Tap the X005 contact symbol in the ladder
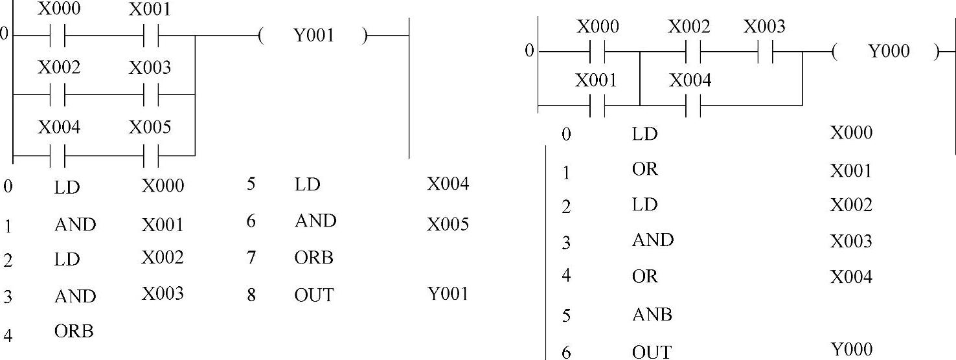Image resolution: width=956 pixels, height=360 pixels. [x=150, y=156]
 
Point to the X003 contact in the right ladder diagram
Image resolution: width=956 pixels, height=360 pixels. [x=765, y=51]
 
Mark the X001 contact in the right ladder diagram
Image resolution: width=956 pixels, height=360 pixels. [x=597, y=106]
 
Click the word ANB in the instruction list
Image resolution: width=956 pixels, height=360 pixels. [x=652, y=315]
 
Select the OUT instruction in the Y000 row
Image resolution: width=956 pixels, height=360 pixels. [x=652, y=352]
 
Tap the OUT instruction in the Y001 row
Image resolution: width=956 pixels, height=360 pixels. [x=314, y=295]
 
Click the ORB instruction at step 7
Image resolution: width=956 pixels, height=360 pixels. [x=314, y=258]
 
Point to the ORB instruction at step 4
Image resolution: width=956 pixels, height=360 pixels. [x=74, y=332]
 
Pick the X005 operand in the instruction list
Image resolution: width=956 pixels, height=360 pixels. [x=448, y=224]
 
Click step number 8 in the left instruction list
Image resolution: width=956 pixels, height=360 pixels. [x=251, y=295]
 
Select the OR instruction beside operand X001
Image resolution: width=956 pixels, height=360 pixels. [x=644, y=169]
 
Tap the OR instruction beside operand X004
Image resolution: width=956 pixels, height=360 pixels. [x=644, y=276]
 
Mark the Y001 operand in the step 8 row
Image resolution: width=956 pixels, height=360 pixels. [x=448, y=294]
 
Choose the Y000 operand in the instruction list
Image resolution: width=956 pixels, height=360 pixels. [x=851, y=350]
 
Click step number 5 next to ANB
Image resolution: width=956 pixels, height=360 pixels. [x=567, y=315]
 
